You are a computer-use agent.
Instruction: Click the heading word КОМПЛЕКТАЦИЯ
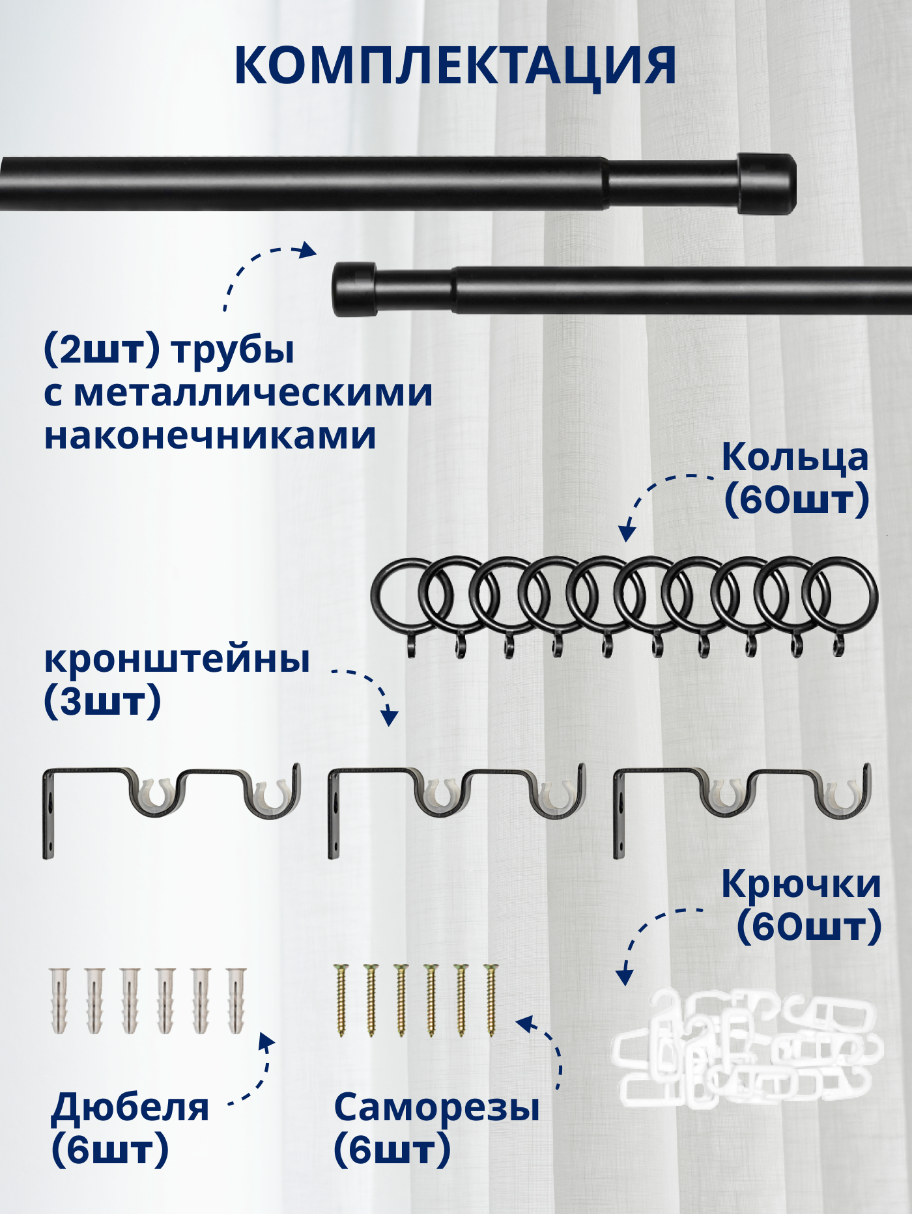coord(455,66)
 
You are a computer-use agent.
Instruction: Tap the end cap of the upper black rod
coord(767,184)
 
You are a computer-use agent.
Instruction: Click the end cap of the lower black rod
coord(354,289)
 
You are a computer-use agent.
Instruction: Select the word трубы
coord(233,351)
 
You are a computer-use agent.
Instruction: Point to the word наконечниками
coord(210,435)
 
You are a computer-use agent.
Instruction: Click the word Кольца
coord(795,458)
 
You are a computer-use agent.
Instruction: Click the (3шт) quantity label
coord(102,702)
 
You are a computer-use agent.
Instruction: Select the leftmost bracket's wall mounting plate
coord(49,814)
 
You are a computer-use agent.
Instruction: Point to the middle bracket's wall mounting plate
coord(334,814)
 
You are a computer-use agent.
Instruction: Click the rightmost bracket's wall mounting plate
coord(619,814)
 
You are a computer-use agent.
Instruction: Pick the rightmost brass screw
coord(491,1000)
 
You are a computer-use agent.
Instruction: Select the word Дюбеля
coord(130,1108)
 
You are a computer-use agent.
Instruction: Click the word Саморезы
coord(436,1108)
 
